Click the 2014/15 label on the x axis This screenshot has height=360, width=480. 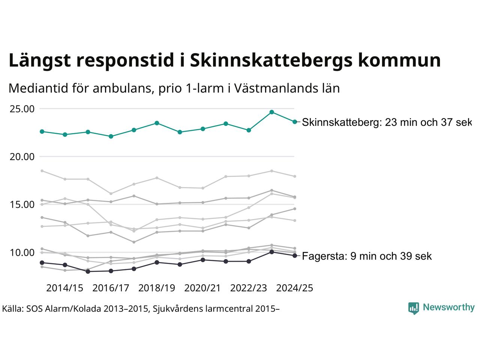point(64,288)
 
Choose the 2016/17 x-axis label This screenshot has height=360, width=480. point(111,288)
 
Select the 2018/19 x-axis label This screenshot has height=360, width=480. point(157,288)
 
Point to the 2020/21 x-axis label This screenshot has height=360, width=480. point(202,288)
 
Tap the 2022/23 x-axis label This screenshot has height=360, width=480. point(249,288)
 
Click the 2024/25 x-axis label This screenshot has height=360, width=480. point(294,288)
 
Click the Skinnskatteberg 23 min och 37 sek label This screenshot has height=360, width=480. point(386,123)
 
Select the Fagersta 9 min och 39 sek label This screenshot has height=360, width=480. point(367,256)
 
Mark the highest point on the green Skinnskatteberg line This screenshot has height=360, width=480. point(272,112)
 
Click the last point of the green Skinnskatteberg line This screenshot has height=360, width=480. point(295,121)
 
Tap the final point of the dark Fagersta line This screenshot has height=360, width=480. point(295,256)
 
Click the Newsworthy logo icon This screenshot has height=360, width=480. point(413,308)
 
